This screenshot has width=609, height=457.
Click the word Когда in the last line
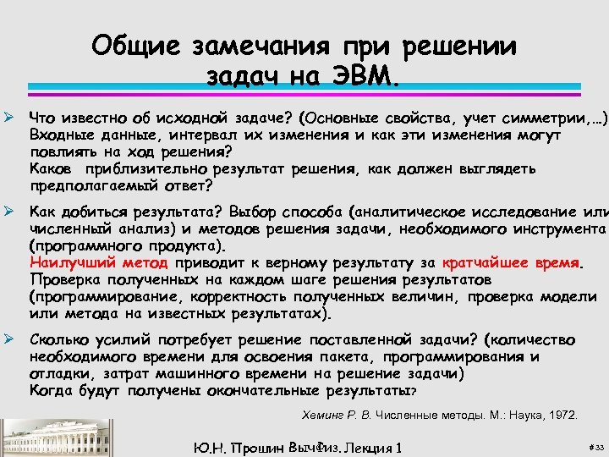click(51, 390)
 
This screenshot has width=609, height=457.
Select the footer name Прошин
click(256, 446)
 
